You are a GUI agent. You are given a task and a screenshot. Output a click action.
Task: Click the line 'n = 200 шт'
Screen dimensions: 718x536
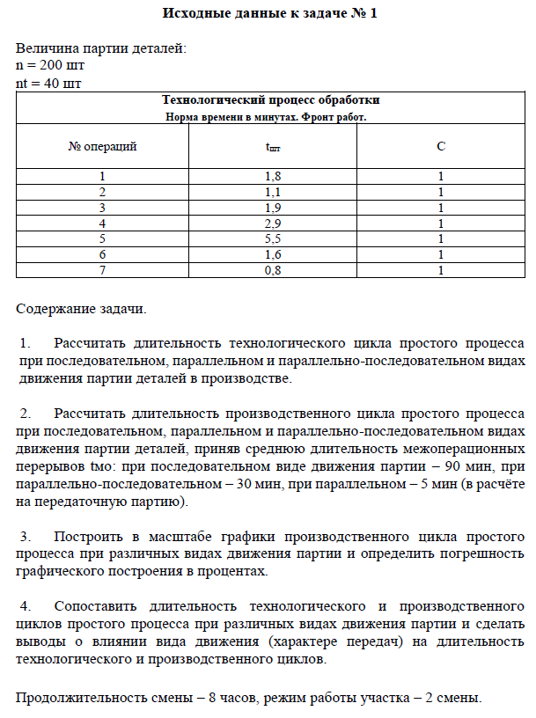[50, 66]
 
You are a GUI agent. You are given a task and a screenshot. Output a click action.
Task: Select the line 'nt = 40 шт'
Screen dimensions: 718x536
[49, 83]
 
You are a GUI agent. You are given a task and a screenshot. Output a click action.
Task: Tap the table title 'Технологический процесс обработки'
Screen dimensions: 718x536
[266, 100]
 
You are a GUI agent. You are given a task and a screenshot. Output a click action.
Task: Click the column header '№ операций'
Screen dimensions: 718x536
[103, 146]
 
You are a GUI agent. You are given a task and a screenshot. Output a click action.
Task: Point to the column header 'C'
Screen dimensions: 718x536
[440, 146]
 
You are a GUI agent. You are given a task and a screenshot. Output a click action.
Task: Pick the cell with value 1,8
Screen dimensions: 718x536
[273, 177]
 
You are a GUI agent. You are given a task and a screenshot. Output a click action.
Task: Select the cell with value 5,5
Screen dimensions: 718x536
[273, 238]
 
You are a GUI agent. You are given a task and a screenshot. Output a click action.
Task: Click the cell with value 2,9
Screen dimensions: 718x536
[273, 223]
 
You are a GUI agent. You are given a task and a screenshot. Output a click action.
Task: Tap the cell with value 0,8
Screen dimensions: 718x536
[273, 270]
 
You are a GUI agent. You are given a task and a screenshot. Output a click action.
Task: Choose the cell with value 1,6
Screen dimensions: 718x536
[273, 254]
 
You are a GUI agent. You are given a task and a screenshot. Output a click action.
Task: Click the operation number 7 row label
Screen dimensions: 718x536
[103, 270]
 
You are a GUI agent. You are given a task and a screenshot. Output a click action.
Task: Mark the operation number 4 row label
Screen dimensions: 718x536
[103, 223]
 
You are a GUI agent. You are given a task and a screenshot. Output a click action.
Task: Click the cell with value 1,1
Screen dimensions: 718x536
[273, 192]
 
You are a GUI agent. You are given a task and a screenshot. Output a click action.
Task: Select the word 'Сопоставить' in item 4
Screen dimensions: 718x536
[97, 606]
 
